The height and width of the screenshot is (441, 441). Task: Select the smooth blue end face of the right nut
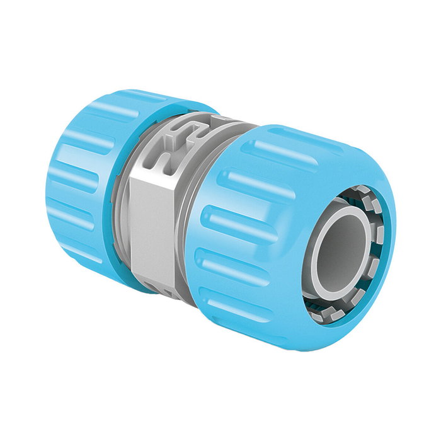[x=378, y=189]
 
